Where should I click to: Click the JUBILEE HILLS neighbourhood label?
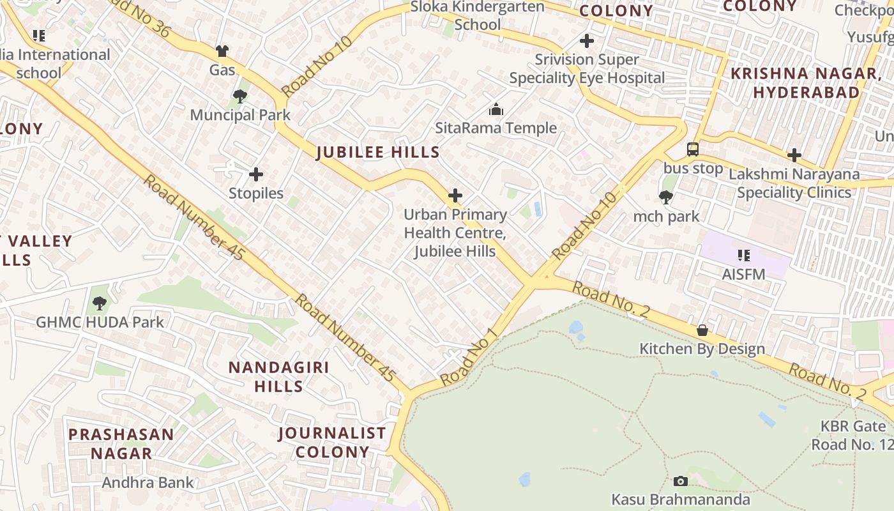pos(378,152)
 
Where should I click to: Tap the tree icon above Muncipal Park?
pos(240,96)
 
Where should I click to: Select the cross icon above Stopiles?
pos(256,174)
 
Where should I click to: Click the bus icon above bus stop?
pos(693,149)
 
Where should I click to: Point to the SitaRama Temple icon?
pos(496,109)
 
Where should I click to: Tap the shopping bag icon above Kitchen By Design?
pos(702,330)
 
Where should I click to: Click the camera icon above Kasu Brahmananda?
pos(681,481)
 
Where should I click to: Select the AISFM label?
pos(743,274)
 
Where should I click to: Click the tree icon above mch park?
pos(666,197)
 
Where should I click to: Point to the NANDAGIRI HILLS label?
pos(279,376)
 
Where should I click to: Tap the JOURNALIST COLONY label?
pos(332,442)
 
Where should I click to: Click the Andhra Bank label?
pos(148,482)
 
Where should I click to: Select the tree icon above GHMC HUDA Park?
pos(99,303)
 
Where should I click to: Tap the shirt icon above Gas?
pos(222,51)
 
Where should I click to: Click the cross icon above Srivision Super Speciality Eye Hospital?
pos(587,42)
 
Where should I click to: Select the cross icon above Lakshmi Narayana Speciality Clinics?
pos(794,155)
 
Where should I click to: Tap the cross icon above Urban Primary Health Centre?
pos(455,195)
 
